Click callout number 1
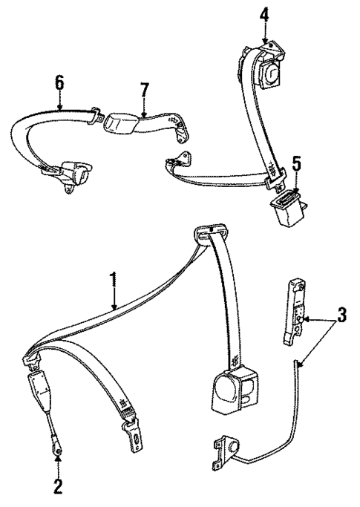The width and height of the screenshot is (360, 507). coord(114,280)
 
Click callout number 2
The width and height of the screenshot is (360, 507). coord(58,490)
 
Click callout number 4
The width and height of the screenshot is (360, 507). coord(265,13)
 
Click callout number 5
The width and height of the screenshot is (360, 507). coord(297,161)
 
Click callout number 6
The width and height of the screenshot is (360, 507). coord(59,80)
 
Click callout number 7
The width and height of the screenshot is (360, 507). coord(146,91)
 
